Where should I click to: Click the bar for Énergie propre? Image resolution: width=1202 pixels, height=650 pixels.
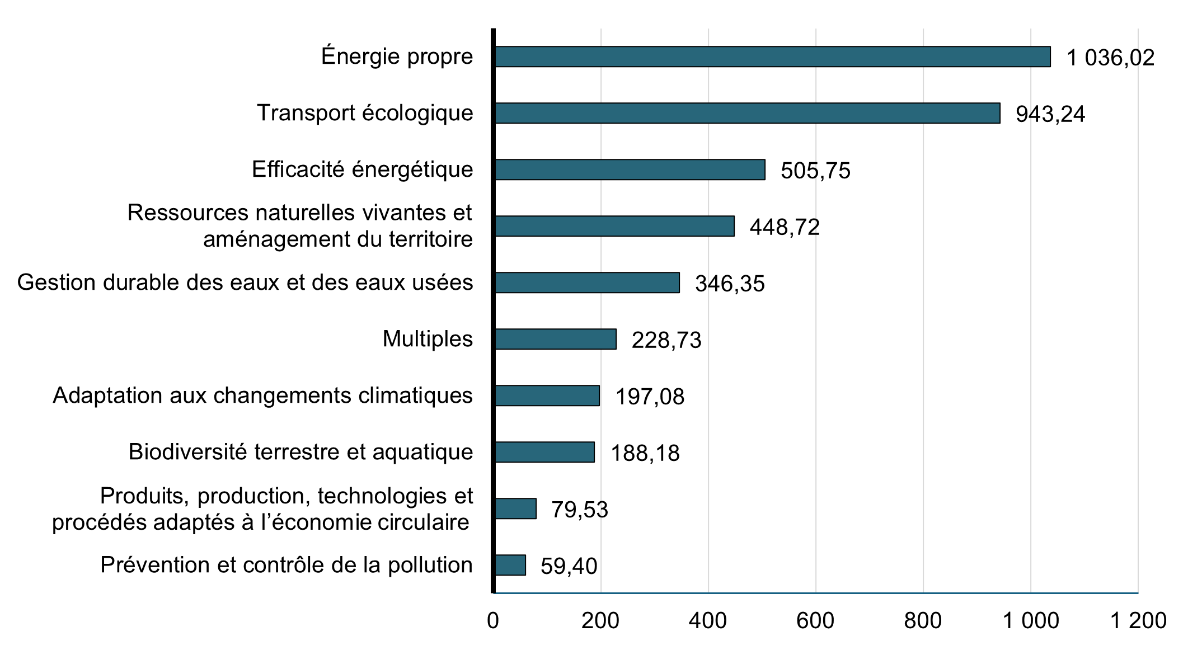(x=772, y=57)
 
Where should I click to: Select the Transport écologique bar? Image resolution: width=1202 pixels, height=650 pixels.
(x=747, y=113)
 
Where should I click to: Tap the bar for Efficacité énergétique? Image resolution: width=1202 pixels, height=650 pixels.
(x=630, y=169)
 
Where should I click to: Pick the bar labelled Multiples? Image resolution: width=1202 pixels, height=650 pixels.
(x=555, y=339)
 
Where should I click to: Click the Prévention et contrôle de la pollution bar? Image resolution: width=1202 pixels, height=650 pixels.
(x=510, y=565)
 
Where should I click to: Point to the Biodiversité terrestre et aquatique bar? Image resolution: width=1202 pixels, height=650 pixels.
(x=544, y=452)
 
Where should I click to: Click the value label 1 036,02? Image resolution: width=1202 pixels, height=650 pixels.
(x=1110, y=58)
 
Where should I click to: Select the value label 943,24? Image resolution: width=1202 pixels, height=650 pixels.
(x=1050, y=115)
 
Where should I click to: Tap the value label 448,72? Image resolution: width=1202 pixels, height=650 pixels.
(x=785, y=227)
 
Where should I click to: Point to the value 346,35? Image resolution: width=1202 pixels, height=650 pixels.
(x=730, y=284)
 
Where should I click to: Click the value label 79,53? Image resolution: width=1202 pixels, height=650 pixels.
(x=580, y=510)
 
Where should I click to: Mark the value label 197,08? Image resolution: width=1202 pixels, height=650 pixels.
(x=650, y=397)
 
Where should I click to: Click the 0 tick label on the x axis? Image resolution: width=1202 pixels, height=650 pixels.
(x=493, y=621)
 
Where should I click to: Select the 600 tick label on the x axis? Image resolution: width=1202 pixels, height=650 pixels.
(x=815, y=621)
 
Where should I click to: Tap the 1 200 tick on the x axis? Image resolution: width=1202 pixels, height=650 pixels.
(x=1138, y=621)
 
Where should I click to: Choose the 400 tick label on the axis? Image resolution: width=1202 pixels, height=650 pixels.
(x=708, y=621)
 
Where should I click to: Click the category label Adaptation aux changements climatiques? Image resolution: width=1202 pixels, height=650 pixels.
(x=262, y=395)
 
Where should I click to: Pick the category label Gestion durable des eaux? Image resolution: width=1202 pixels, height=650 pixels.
(x=245, y=282)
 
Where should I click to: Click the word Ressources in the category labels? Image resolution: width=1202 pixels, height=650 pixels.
(x=187, y=213)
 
